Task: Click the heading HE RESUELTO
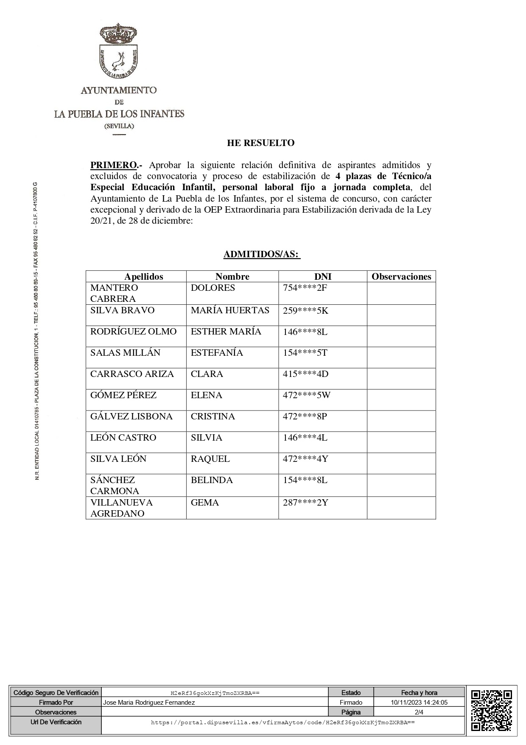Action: click(x=260, y=143)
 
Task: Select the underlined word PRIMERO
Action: click(x=113, y=165)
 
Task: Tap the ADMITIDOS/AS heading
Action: click(x=262, y=254)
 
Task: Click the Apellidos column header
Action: click(x=144, y=276)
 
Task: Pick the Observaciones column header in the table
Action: click(x=401, y=276)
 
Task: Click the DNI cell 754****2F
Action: click(x=305, y=288)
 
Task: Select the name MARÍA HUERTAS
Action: click(x=230, y=310)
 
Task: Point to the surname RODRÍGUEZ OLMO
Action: click(x=133, y=332)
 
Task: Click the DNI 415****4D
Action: click(x=305, y=374)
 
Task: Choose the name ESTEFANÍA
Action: click(x=217, y=353)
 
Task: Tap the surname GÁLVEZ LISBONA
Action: click(x=131, y=416)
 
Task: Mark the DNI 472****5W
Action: click(x=306, y=395)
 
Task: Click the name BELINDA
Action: click(x=212, y=480)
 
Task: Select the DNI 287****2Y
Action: click(x=305, y=503)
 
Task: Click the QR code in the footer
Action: click(x=491, y=712)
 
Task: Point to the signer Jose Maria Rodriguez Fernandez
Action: click(x=149, y=703)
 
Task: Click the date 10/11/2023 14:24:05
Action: click(x=419, y=703)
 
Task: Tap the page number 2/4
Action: click(x=419, y=712)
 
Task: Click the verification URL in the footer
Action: click(x=283, y=722)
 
